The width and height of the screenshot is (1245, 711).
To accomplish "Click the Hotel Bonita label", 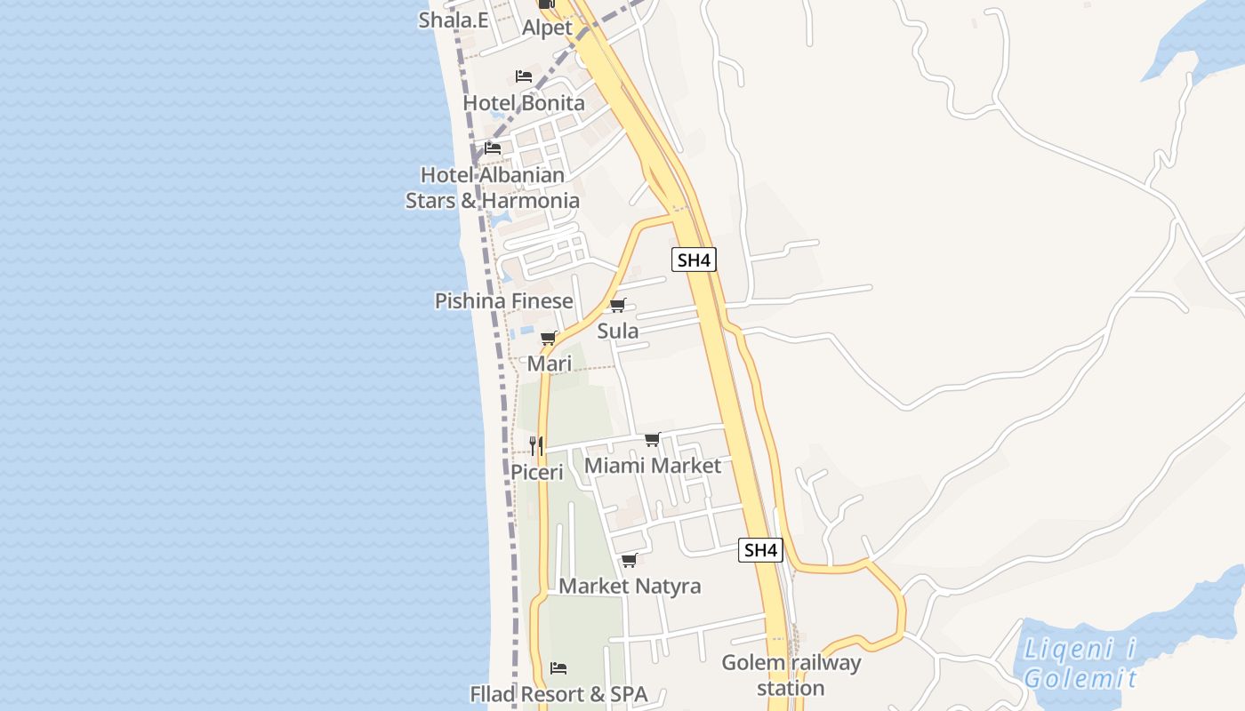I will pos(524,103).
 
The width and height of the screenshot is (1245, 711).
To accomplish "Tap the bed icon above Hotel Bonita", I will pos(524,76).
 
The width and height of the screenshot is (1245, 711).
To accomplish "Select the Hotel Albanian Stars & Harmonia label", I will pos(493,188).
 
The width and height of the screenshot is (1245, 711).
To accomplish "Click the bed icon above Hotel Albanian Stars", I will pos(493,148).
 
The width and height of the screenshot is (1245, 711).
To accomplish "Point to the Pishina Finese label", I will pos(503,301).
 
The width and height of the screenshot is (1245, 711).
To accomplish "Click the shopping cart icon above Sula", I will pos(617,305).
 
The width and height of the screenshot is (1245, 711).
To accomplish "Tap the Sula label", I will pos(617,332).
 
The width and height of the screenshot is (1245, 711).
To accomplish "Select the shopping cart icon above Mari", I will pos(549,338).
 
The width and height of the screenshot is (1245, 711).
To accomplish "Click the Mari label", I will pos(549,363).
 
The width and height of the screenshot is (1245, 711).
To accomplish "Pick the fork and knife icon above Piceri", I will pos(536,445).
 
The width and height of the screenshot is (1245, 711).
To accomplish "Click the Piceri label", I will pos(536,472).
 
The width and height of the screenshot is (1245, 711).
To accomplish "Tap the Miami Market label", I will pos(652,466).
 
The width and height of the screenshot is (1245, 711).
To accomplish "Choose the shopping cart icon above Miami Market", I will pos(652,439).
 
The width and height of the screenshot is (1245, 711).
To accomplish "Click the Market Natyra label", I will pos(629,587).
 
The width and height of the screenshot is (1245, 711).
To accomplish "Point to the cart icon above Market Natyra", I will pos(629,560).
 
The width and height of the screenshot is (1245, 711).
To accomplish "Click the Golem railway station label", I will pos(791,675).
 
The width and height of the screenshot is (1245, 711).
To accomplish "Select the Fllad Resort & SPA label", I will pos(558,694).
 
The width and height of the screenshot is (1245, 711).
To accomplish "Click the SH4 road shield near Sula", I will pos(694,260).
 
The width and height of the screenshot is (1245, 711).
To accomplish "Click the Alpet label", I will pos(547,28).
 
